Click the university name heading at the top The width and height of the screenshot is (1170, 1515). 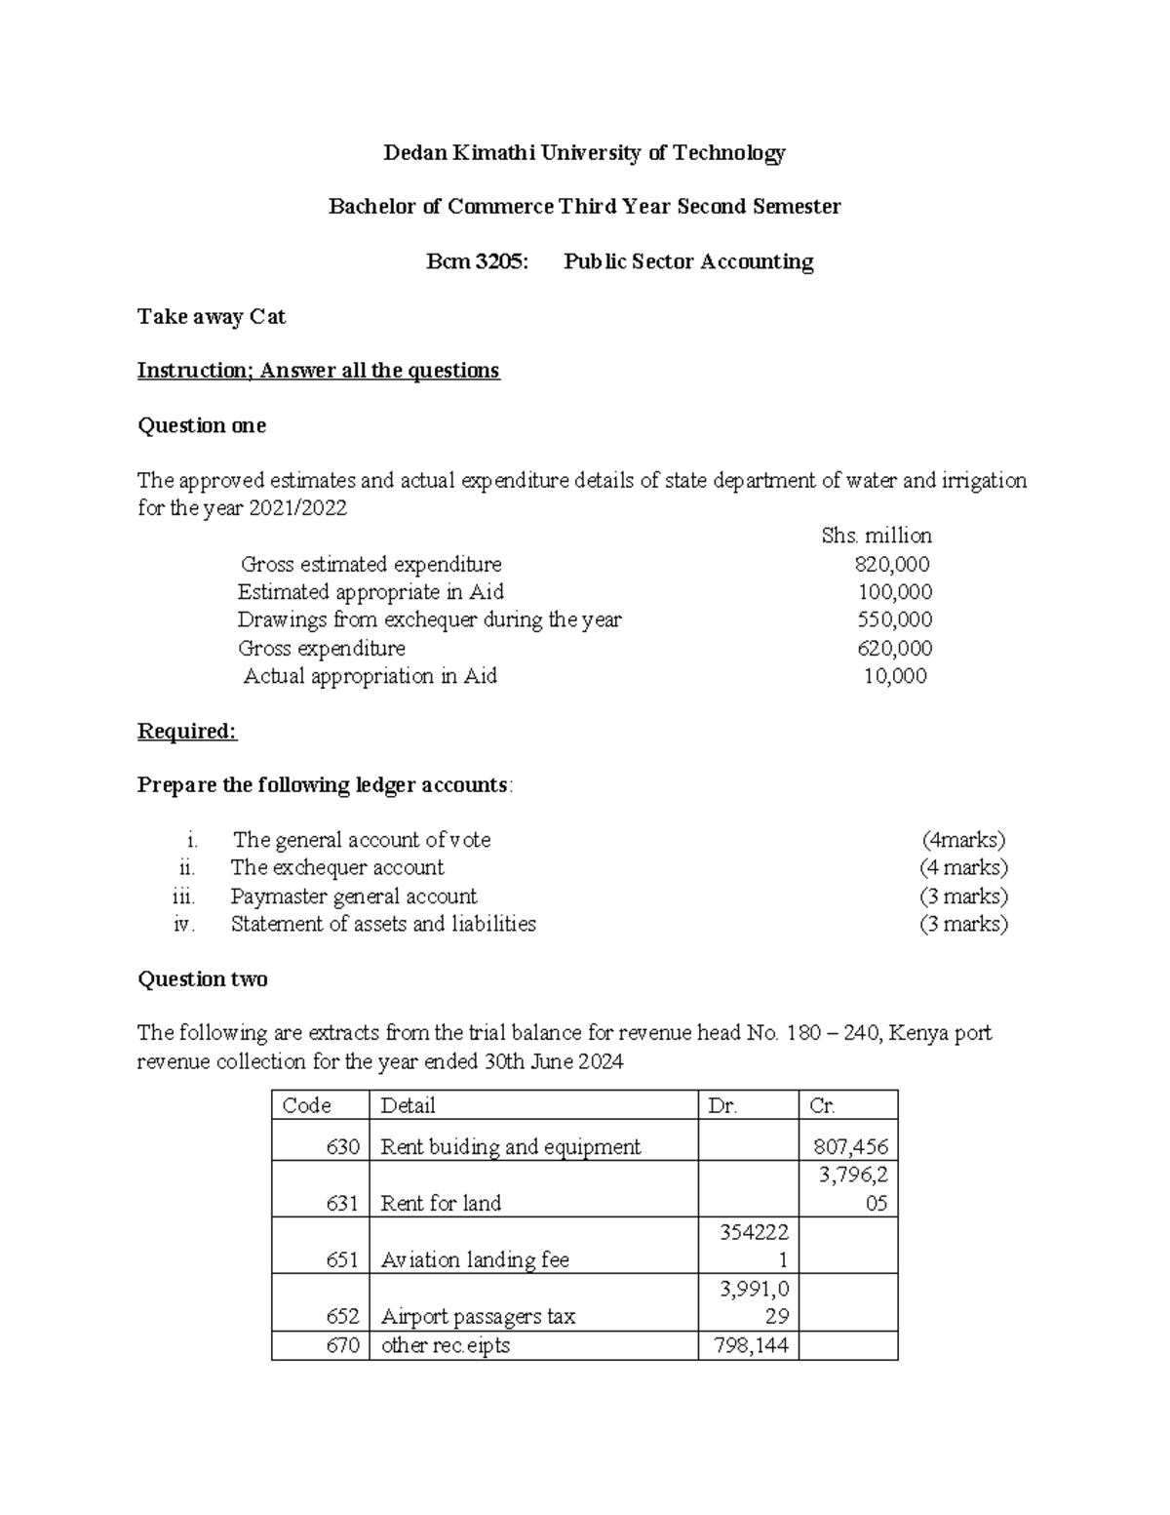[584, 153]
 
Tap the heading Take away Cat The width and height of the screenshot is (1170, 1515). [212, 317]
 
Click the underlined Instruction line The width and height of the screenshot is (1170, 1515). [318, 371]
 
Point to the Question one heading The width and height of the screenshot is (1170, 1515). [202, 426]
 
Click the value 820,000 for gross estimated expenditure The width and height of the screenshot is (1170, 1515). [892, 565]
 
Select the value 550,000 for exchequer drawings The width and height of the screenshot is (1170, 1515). [894, 620]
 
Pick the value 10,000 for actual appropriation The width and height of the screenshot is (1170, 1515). [895, 676]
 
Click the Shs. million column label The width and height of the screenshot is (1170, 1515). [877, 537]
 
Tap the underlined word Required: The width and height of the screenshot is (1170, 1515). [187, 732]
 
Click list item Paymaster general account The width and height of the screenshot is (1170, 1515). [354, 897]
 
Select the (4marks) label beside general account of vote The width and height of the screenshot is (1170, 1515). [963, 841]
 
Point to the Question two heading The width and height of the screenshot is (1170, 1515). [203, 979]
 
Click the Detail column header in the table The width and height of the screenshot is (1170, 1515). [408, 1105]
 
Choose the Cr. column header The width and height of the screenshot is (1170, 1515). [822, 1105]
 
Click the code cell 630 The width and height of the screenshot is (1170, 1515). [343, 1147]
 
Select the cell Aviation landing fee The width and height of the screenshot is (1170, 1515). [475, 1260]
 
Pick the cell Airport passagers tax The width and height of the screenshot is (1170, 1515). [478, 1317]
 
